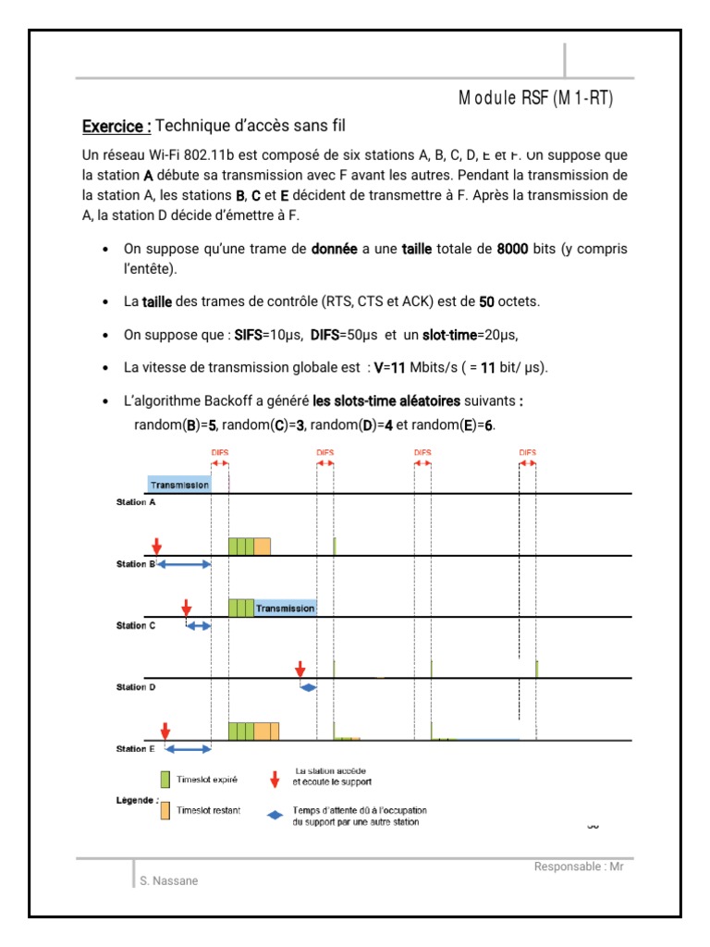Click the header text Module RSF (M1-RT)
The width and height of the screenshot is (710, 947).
point(535,100)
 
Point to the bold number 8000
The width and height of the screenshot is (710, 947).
point(512,250)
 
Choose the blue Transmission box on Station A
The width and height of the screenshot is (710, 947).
point(179,485)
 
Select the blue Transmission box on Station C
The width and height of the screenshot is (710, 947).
point(286,609)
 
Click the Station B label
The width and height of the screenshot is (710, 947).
point(136,564)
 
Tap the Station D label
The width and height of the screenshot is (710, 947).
point(136,687)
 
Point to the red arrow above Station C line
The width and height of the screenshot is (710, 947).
point(186,608)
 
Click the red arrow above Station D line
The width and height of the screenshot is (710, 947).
point(300,670)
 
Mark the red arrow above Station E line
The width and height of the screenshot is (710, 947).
point(165,732)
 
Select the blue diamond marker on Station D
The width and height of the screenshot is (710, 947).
point(308,687)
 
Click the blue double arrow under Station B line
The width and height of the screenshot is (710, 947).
point(185,564)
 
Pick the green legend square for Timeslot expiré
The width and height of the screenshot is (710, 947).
point(165,779)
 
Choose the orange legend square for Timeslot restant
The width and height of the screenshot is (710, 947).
point(165,810)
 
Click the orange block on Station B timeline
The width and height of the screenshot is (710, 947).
point(263,546)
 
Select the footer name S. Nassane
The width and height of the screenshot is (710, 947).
point(168,881)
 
